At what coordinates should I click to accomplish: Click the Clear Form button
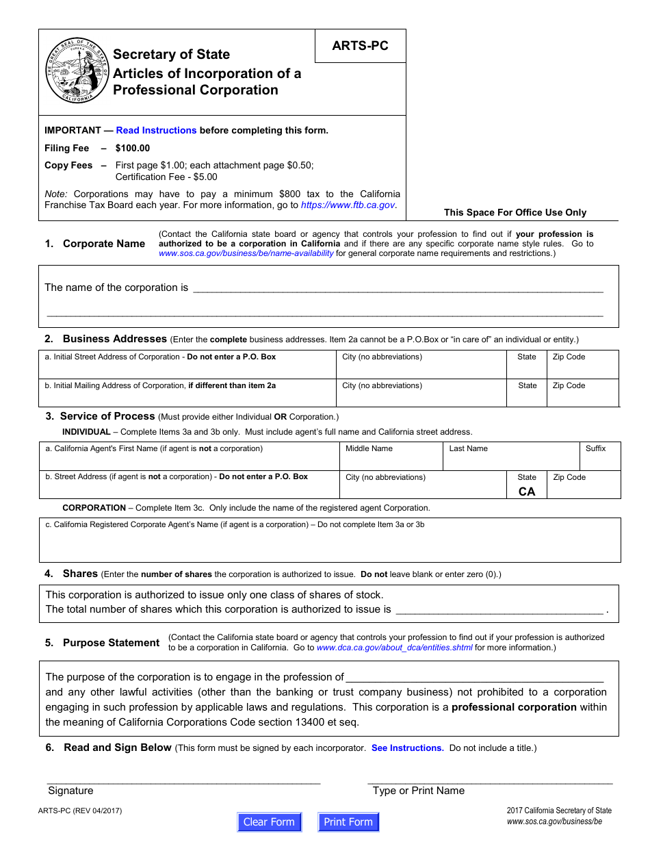269,822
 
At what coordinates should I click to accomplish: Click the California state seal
77,71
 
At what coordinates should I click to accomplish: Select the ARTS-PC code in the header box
360,46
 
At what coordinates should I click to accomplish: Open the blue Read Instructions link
156,130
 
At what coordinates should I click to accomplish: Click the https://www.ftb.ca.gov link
348,205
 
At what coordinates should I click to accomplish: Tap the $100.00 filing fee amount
133,148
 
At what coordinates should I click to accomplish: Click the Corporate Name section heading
103,244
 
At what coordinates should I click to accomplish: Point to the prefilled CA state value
527,492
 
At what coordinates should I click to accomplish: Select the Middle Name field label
369,448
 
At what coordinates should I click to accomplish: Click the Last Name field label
468,448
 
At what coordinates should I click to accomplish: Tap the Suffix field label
595,448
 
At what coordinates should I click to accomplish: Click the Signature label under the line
70,791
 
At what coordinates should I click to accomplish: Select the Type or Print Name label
418,791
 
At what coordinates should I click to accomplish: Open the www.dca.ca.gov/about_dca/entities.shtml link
394,648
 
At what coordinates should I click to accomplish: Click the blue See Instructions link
407,748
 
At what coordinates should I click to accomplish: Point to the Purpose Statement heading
111,643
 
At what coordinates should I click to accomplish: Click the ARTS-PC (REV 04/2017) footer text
80,811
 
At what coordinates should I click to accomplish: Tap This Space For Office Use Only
515,212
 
